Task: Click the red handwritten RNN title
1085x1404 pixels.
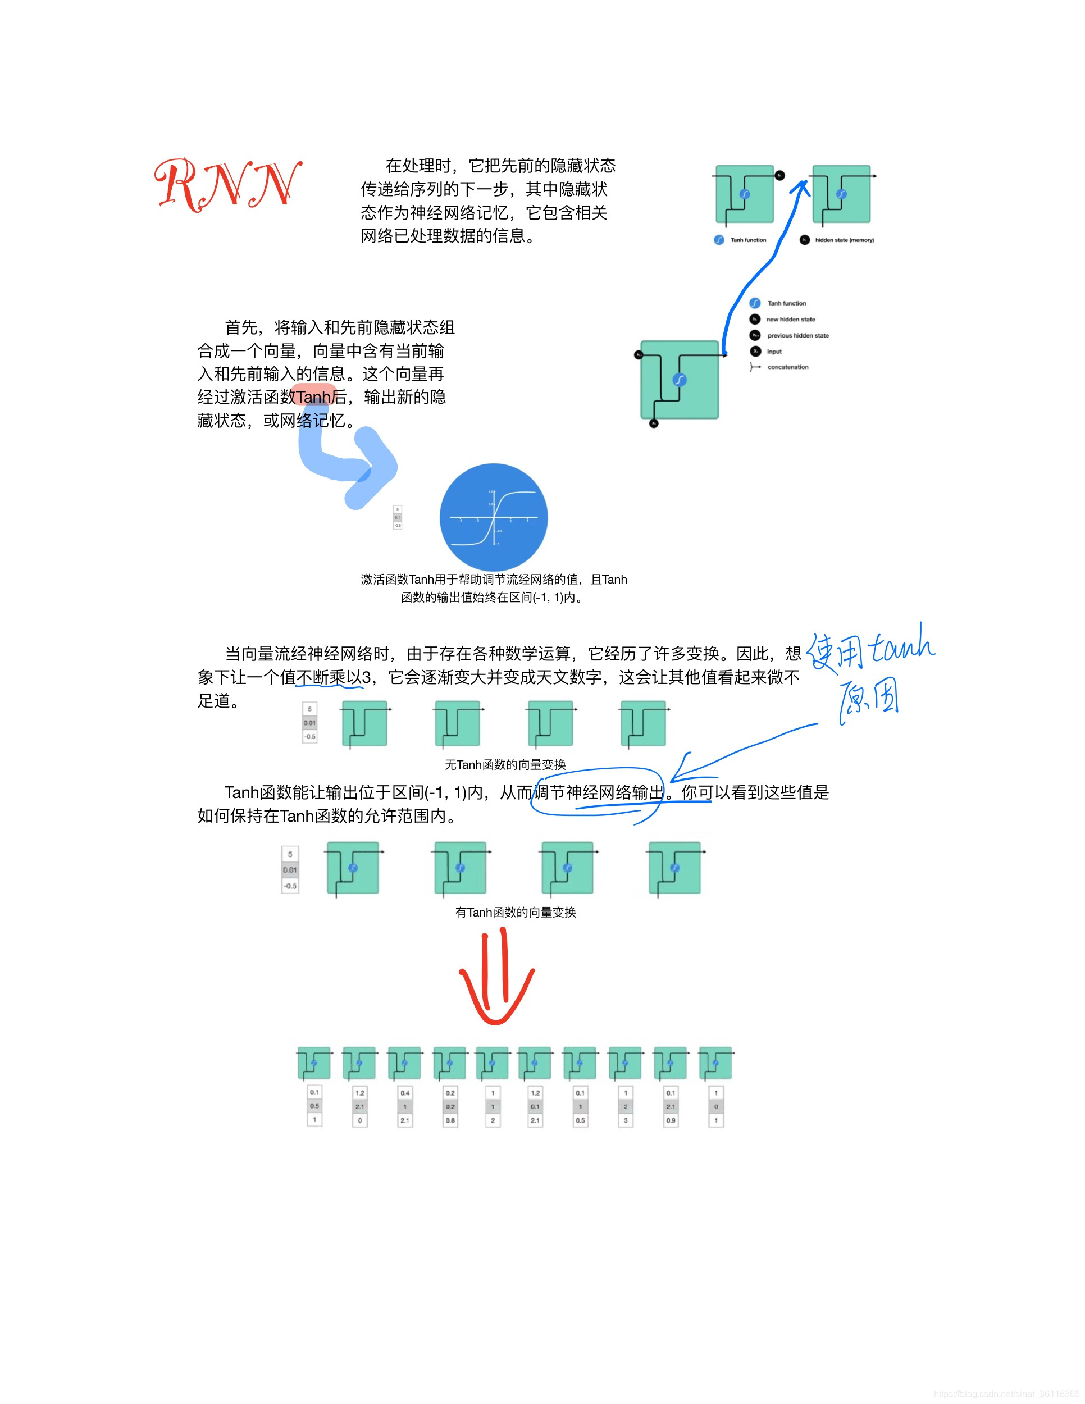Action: point(227,185)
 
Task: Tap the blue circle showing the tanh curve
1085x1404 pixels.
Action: point(494,517)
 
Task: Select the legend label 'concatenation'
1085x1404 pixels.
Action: point(787,367)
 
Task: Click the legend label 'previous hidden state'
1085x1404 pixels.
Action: point(797,336)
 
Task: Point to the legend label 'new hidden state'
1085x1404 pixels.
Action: point(791,320)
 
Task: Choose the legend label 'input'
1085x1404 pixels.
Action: point(774,352)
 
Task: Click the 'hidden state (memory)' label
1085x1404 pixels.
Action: point(844,240)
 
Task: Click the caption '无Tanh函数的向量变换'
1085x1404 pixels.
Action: point(505,764)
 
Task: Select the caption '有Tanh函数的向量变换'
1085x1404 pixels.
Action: point(516,912)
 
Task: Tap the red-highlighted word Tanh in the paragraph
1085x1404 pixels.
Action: point(313,397)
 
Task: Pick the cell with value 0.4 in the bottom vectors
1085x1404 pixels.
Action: point(405,1093)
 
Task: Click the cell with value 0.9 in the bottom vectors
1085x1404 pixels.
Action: point(671,1120)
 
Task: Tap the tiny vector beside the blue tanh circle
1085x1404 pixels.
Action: point(397,517)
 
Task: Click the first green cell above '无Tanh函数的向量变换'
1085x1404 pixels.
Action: point(364,724)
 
